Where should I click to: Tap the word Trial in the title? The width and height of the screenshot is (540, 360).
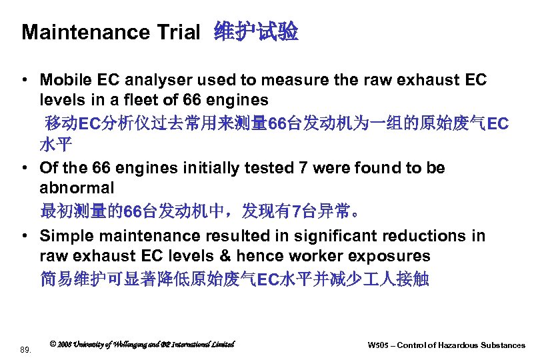(x=179, y=33)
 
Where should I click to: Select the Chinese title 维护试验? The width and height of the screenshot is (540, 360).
(x=256, y=32)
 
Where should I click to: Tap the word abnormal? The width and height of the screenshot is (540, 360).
(x=77, y=188)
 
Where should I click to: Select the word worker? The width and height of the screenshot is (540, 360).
(x=319, y=256)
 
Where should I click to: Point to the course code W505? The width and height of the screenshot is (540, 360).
(x=379, y=345)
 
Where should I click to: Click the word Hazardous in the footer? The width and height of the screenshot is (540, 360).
(x=456, y=345)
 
